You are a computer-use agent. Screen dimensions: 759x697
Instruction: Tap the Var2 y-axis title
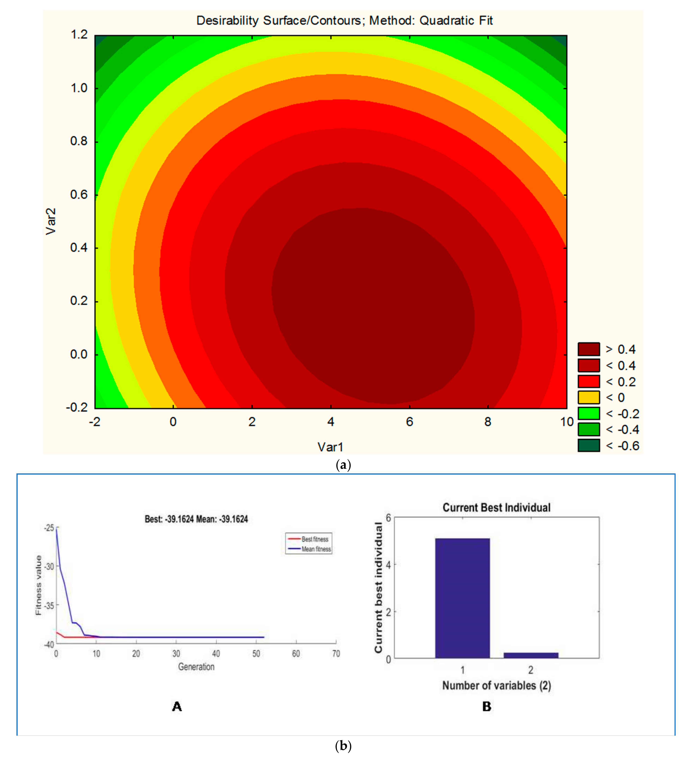pos(51,222)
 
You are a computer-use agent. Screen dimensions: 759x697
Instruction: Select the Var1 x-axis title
pos(330,447)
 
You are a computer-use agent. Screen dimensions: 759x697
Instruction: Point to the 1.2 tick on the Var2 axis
pos(79,35)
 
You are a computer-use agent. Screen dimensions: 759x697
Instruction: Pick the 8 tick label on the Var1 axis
pos(488,422)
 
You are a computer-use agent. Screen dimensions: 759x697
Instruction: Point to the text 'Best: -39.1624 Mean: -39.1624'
pos(196,519)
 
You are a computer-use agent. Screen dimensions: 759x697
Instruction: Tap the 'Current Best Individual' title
pos(496,507)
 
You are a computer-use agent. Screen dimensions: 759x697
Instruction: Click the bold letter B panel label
pos(487,707)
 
